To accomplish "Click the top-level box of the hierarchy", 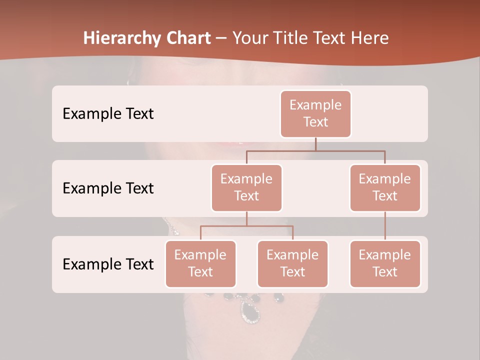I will tap(315, 113).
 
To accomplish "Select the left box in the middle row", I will tap(246, 187).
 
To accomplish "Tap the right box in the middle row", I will tap(385, 187).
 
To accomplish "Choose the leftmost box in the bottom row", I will tap(200, 263).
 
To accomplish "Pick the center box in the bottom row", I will tap(292, 263).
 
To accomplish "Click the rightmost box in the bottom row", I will tap(385, 263).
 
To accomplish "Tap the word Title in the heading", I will tap(296, 38).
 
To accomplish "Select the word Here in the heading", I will tap(370, 38).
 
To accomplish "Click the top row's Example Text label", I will tap(108, 113).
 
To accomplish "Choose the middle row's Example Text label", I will tap(108, 188).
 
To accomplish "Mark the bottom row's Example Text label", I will tap(108, 264).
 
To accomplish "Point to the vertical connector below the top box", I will tap(315, 144).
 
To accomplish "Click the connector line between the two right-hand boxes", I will tap(385, 225).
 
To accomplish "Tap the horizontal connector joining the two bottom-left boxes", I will tap(246, 226).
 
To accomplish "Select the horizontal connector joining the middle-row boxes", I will tap(315, 150).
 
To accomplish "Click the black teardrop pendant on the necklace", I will tap(250, 310).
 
